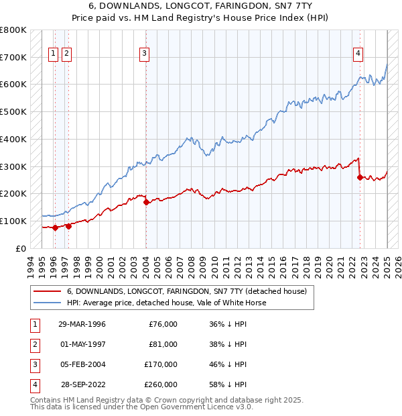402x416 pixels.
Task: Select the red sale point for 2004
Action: (x=146, y=202)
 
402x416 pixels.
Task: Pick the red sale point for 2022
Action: (x=360, y=178)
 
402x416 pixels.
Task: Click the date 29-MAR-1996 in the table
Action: (x=82, y=325)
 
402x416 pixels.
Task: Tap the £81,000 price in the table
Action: (x=163, y=344)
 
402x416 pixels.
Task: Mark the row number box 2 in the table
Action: (x=34, y=344)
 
